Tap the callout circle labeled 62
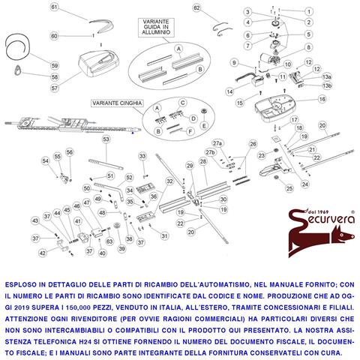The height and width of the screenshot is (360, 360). tap(197, 8)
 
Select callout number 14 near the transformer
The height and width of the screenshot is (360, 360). tap(240, 102)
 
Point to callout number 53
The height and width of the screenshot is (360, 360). tap(106, 139)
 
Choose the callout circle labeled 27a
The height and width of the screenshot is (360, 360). tap(217, 142)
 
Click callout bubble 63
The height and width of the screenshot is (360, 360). tap(109, 241)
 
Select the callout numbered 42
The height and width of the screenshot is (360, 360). tap(43, 253)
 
